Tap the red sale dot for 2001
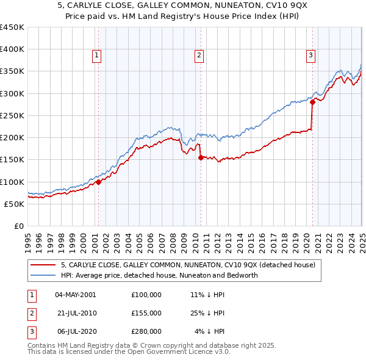pos(98,182)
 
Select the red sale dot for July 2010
pos(201,157)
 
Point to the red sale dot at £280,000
pos(312,103)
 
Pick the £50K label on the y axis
pos(15,204)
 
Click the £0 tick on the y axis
pos(20,226)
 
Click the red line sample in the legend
pos(43,265)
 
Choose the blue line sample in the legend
pos(43,275)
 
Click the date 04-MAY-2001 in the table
pos(75,295)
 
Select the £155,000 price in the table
pos(146,313)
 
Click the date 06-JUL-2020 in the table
pos(75,331)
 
